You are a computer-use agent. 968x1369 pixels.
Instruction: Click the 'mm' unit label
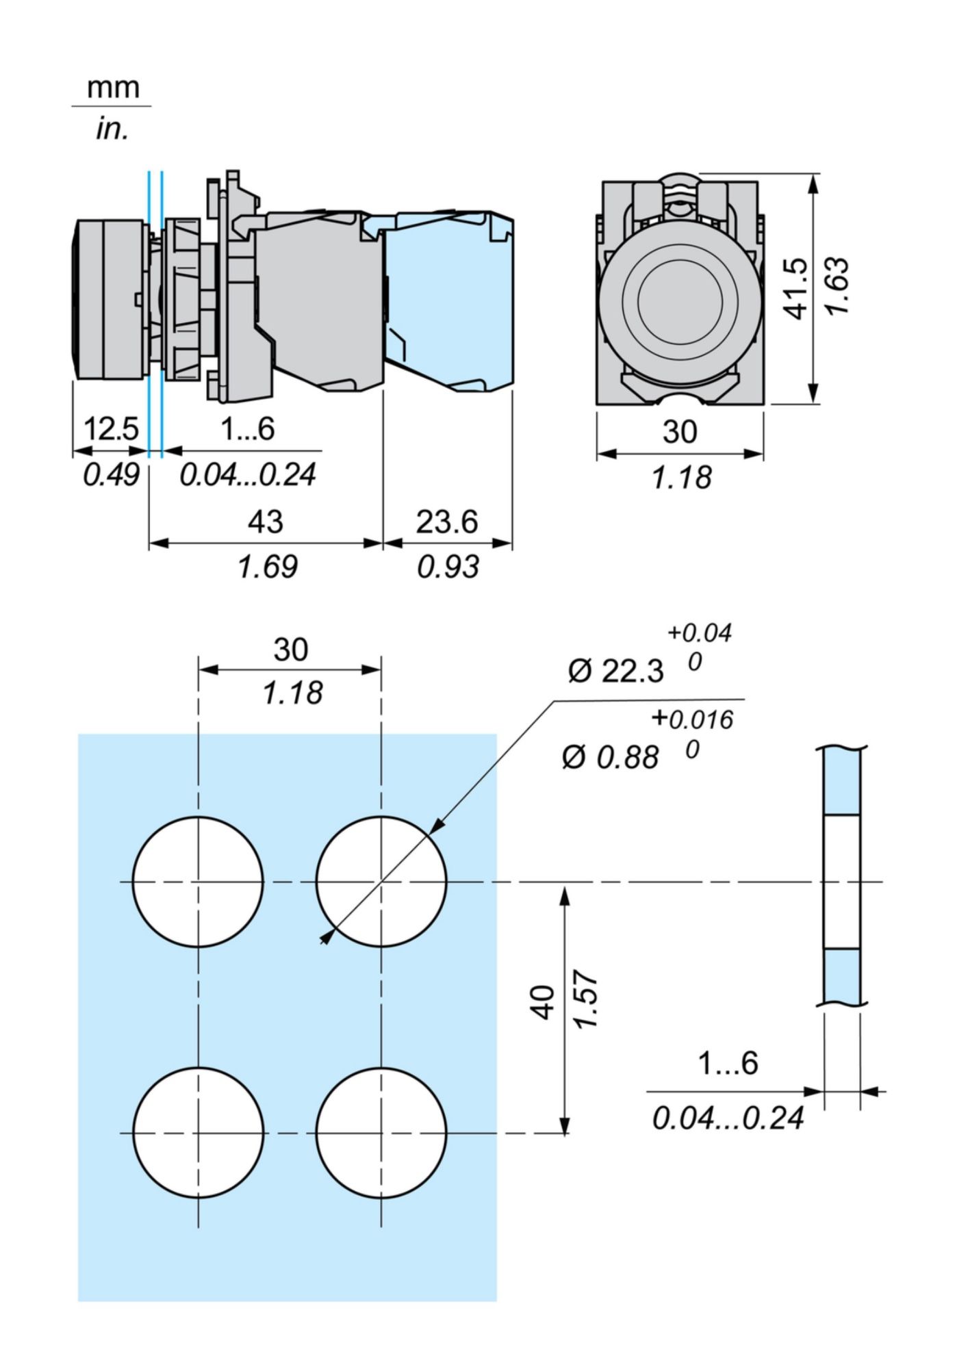coord(112,88)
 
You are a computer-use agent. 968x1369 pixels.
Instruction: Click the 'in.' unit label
coord(112,129)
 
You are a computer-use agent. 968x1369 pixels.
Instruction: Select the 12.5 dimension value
coord(111,430)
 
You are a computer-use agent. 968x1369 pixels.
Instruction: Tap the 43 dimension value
coord(265,522)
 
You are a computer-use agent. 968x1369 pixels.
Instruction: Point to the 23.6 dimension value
coord(447,522)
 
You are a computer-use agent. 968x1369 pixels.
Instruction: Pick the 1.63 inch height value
coord(837,287)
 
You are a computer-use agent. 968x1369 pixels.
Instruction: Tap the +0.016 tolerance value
coord(692,719)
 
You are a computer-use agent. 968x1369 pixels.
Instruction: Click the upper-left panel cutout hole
coord(198,882)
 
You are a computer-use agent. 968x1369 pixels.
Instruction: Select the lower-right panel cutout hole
coord(381,1133)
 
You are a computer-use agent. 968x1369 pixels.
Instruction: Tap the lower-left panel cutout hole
coord(198,1133)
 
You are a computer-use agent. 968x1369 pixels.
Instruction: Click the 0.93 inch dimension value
coord(448,567)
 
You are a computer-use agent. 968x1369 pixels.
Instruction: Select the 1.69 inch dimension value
coord(268,567)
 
